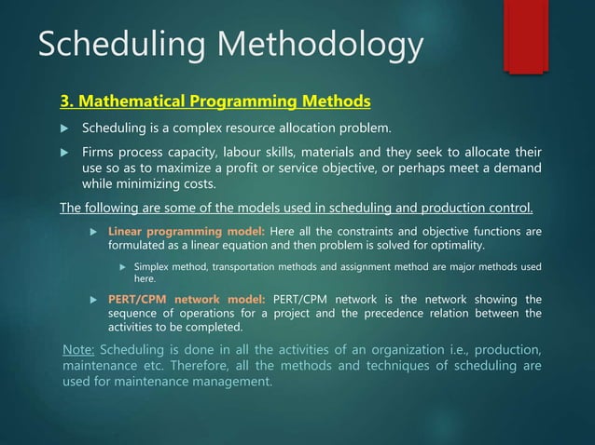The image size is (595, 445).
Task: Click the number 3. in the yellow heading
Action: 67,101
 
